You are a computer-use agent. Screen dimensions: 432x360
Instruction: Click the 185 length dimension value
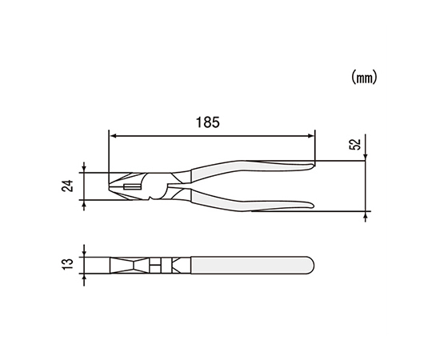[208, 122]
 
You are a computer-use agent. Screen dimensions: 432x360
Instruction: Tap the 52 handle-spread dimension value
[355, 144]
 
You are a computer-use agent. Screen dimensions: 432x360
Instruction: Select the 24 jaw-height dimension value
[67, 186]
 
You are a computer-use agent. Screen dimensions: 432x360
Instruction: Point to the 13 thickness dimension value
[67, 264]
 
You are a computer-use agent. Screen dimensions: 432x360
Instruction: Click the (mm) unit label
[364, 77]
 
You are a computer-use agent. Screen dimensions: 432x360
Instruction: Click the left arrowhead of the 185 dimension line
[113, 136]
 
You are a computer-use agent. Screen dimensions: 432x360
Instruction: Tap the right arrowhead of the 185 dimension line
[311, 136]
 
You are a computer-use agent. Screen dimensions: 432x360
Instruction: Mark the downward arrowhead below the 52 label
[366, 158]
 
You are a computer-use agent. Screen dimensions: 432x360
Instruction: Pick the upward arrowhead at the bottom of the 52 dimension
[366, 215]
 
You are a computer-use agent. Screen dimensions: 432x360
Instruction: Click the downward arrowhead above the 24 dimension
[84, 170]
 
